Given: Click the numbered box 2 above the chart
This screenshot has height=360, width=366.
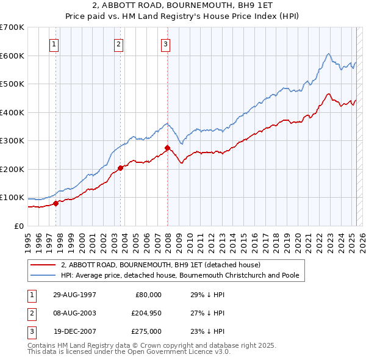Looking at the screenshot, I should click(x=118, y=44).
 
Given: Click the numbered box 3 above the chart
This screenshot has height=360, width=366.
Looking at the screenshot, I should click(x=165, y=44).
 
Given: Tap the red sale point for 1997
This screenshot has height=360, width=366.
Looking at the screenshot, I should click(x=56, y=203).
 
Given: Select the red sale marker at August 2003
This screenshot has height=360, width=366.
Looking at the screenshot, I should click(x=120, y=168).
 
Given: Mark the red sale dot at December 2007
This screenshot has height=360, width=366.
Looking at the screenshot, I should click(x=167, y=148).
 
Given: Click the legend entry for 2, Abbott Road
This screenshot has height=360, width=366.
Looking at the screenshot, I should click(x=160, y=265).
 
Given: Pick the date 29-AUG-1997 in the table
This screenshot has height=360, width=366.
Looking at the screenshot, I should click(x=74, y=295).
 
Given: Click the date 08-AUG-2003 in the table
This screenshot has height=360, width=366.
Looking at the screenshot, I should click(x=74, y=313).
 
